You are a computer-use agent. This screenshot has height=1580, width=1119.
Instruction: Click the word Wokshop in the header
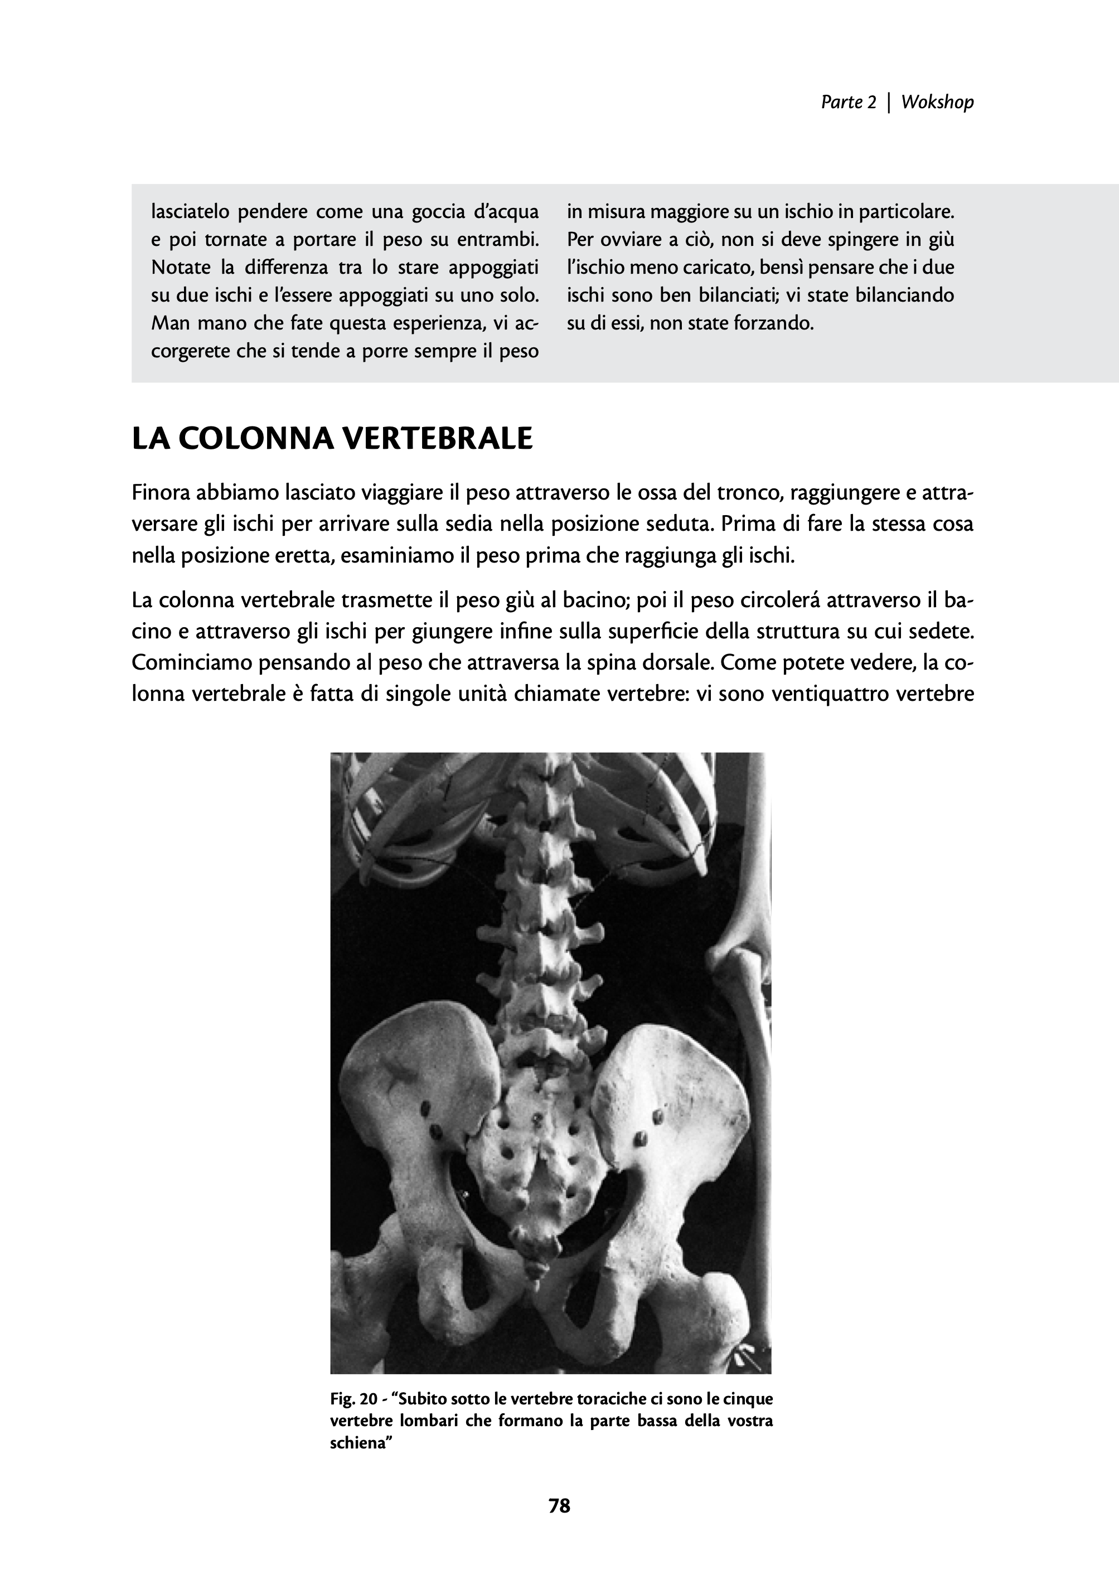tap(937, 102)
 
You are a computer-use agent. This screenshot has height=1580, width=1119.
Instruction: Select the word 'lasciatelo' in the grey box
tap(190, 211)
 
